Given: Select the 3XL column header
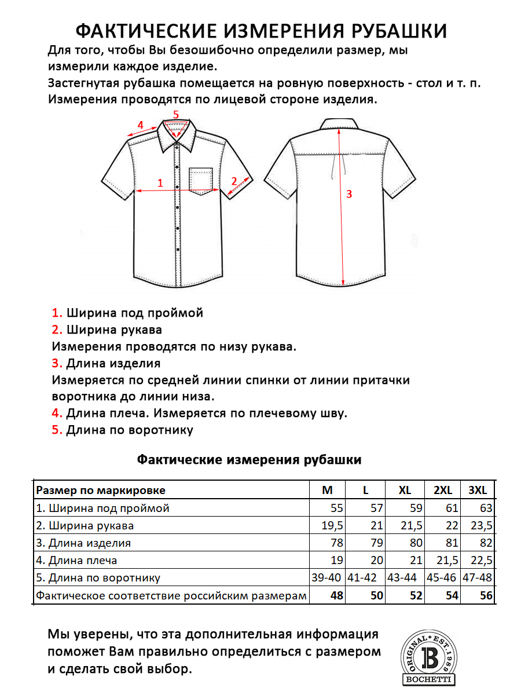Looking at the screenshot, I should point(478,491).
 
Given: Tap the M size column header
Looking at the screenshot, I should point(328,491).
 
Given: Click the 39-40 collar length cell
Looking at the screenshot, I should point(328,578).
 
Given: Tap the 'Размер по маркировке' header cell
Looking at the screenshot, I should point(101,491).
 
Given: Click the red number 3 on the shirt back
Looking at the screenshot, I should point(349,194).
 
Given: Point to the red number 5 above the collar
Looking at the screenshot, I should point(176,114).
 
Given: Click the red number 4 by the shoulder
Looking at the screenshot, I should point(140,125).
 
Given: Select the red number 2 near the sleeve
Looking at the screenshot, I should point(234,180).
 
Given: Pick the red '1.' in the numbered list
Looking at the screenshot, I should point(57,313).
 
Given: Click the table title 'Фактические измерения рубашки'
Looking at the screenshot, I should point(249,460).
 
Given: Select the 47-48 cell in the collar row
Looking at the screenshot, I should point(478,578).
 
